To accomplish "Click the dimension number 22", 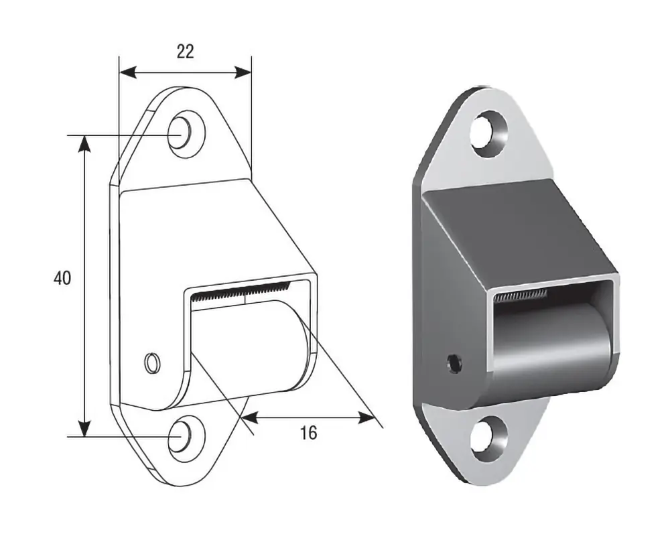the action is (x=186, y=52).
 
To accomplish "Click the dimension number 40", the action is (x=62, y=278).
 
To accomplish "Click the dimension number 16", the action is (x=308, y=433).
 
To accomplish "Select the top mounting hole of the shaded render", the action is (x=489, y=133).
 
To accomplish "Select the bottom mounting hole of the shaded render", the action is (x=489, y=439).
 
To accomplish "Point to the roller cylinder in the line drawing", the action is (x=248, y=346).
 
